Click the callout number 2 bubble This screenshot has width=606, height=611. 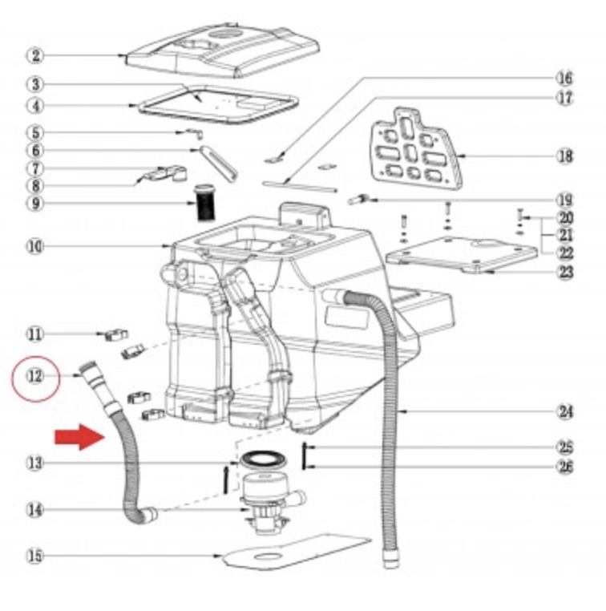point(35,55)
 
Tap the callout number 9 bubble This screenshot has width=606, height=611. point(35,204)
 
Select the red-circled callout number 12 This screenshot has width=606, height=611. point(36,375)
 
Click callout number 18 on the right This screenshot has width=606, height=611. point(565,156)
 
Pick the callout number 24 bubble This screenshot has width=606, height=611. point(566,412)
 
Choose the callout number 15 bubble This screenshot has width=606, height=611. point(35,555)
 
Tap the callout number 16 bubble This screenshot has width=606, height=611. point(565,79)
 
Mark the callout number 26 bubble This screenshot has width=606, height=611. point(566,467)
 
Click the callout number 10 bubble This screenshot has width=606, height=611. point(35,246)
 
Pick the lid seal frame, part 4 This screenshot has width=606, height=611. point(216,102)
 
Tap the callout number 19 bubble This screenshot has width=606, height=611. point(565,200)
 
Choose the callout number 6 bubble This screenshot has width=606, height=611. point(35,150)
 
